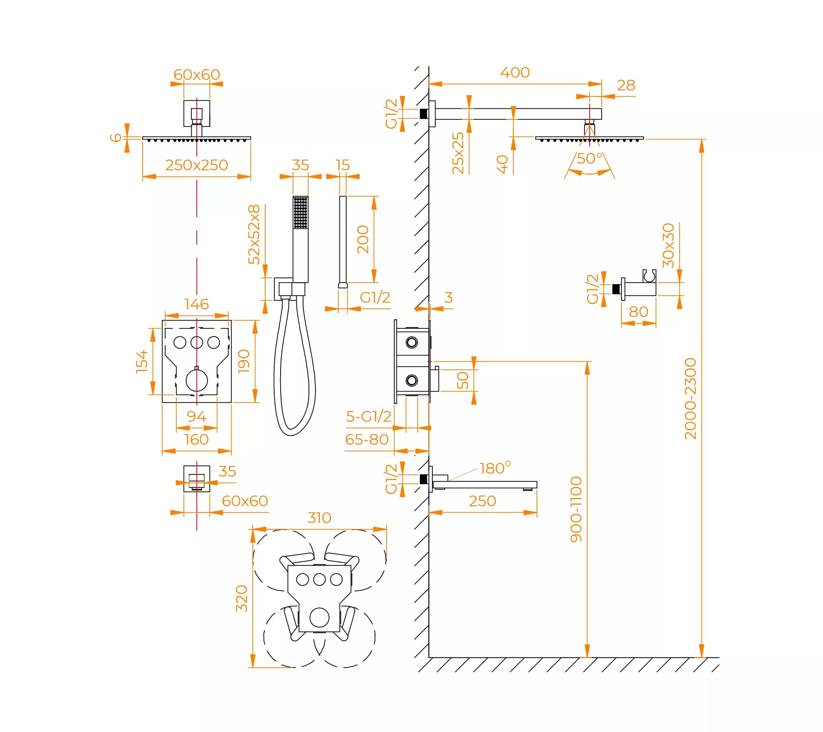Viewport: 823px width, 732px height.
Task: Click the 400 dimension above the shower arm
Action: [515, 72]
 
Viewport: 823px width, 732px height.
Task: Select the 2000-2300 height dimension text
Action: [690, 399]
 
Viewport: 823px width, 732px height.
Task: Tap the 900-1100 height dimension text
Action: [576, 509]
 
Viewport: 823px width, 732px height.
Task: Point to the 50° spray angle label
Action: [590, 158]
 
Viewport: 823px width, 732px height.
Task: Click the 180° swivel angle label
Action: [495, 468]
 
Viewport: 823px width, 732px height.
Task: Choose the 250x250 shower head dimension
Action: [196, 165]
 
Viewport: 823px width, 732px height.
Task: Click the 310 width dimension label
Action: [319, 518]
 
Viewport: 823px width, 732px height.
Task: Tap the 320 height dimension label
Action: [241, 599]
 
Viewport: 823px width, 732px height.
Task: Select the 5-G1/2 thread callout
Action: [368, 417]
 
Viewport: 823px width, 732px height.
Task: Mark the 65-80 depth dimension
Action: [367, 440]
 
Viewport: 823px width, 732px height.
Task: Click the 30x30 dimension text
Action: [668, 245]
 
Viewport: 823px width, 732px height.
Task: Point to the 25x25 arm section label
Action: [458, 153]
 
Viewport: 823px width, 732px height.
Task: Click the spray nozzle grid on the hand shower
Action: [300, 212]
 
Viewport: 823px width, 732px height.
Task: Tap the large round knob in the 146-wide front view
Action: [197, 380]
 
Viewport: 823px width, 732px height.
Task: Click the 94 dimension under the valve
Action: [196, 416]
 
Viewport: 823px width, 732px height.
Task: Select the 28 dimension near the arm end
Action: [626, 85]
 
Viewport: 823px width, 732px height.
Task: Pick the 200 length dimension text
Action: [363, 239]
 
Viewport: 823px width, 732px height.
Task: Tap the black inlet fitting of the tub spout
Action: [424, 479]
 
